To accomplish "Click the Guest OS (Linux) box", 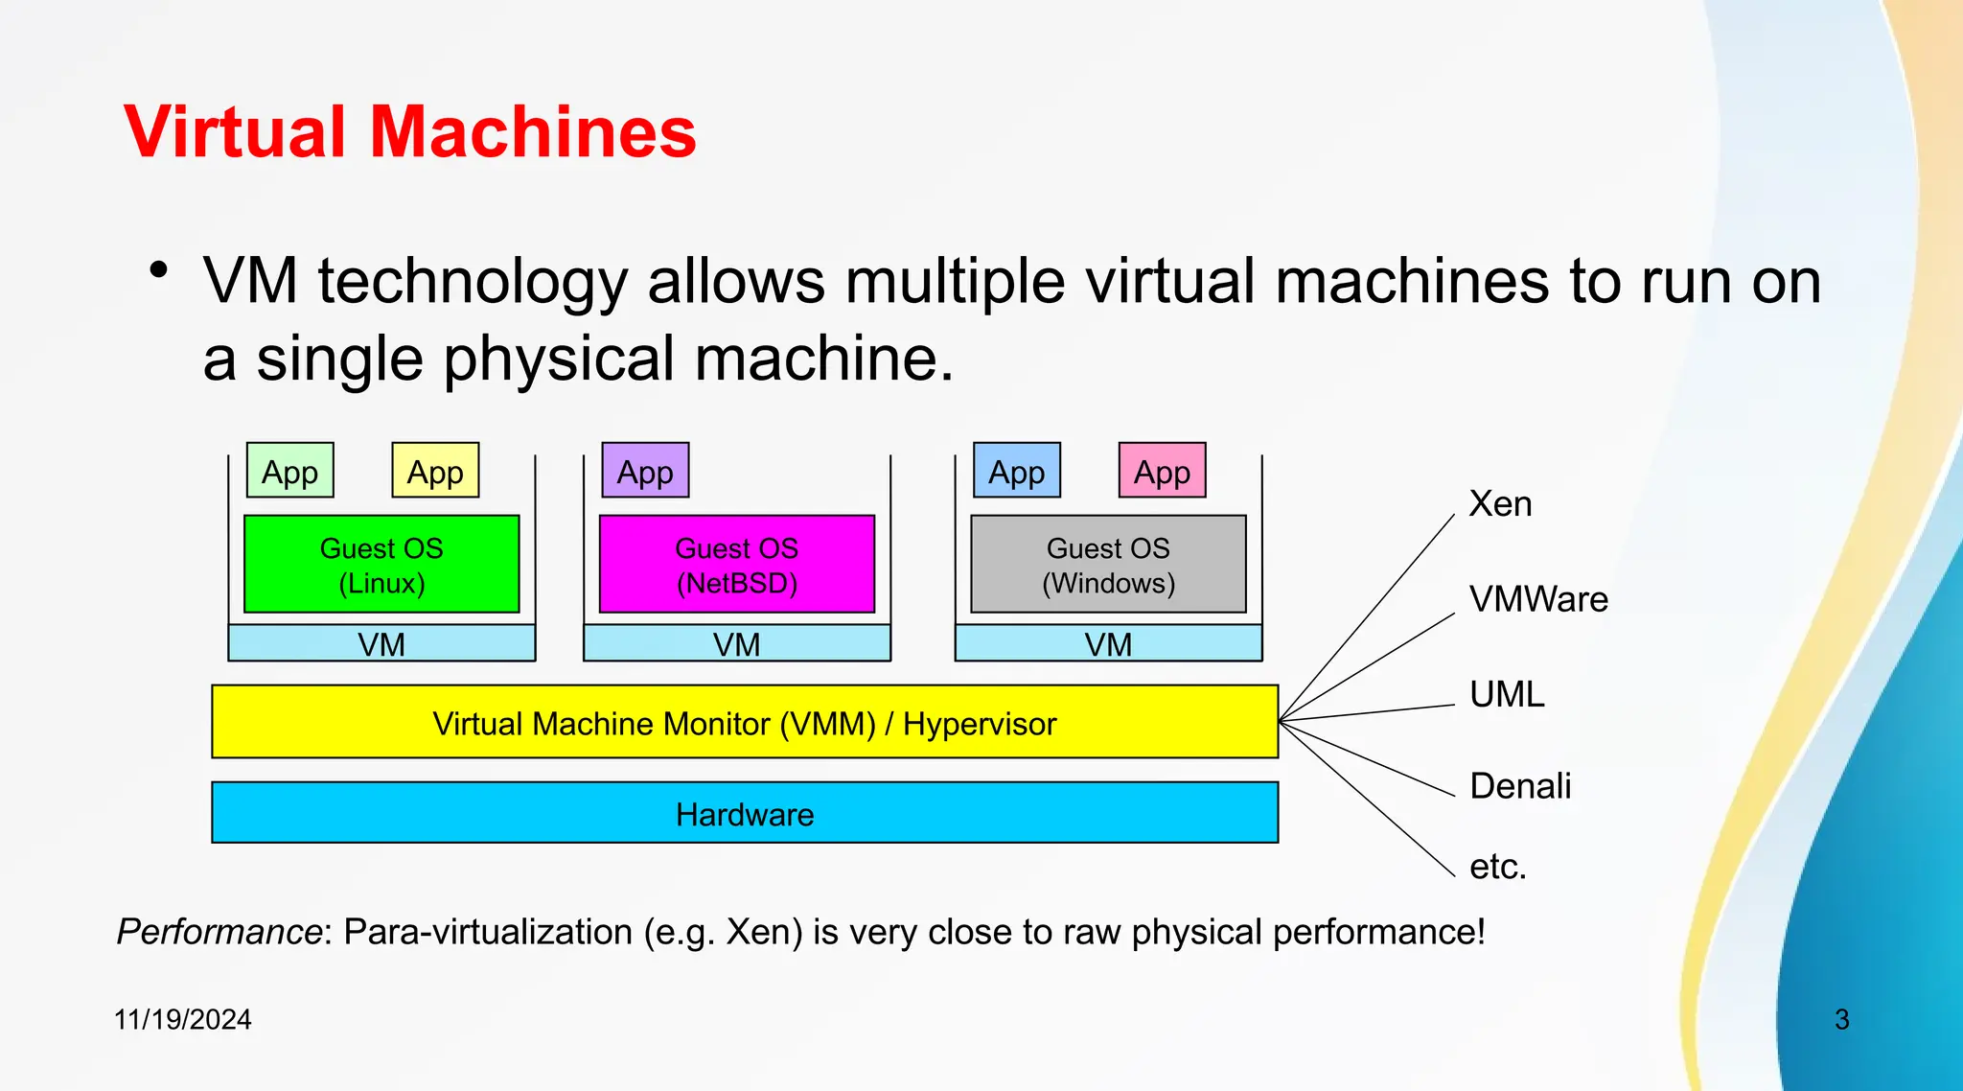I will [x=381, y=565].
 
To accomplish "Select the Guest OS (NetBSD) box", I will [x=736, y=565].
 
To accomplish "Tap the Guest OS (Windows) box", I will [x=1108, y=565].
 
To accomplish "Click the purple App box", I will [x=645, y=471].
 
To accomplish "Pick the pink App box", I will [x=1162, y=471].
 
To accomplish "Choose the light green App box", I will [x=289, y=471].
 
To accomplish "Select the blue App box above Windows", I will [x=1016, y=471].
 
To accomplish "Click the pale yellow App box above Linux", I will [x=435, y=471].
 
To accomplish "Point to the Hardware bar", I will [x=745, y=813].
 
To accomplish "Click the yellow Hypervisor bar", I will [x=745, y=722].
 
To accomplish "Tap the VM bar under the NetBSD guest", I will [x=736, y=643].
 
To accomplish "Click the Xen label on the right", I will [x=1500, y=504].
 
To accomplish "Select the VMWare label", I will [x=1538, y=599].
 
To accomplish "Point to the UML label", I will [x=1507, y=694].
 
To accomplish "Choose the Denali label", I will [x=1520, y=786].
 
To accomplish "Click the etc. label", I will [x=1497, y=867].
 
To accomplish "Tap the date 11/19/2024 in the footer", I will [x=182, y=1019].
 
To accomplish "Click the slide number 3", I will [x=1841, y=1019].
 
